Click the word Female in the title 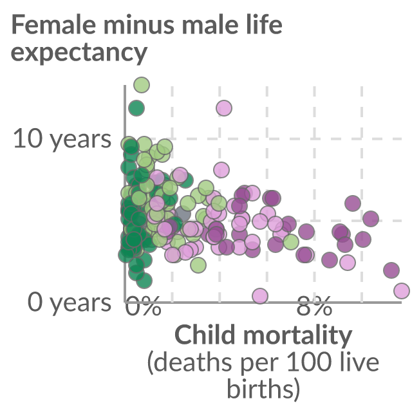[53, 24]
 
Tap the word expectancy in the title [79, 52]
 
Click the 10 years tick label [62, 138]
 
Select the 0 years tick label [70, 303]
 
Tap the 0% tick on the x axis [143, 306]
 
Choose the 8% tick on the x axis [314, 306]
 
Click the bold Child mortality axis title [263, 335]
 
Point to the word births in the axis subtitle [263, 388]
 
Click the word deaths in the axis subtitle [190, 362]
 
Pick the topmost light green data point [142, 85]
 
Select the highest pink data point [224, 108]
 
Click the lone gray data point [183, 214]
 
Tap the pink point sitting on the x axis [260, 296]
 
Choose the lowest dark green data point [144, 281]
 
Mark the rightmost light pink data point [402, 290]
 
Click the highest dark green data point [136, 108]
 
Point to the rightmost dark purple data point [391, 270]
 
